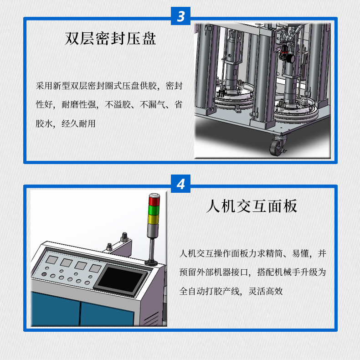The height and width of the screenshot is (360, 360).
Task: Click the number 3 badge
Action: (x=181, y=16)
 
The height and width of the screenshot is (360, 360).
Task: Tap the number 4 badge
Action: (x=181, y=185)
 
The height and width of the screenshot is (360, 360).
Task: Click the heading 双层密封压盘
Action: (x=110, y=38)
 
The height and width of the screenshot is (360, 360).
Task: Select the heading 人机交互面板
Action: (x=252, y=206)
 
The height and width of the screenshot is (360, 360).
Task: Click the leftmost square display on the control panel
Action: (x=51, y=261)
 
